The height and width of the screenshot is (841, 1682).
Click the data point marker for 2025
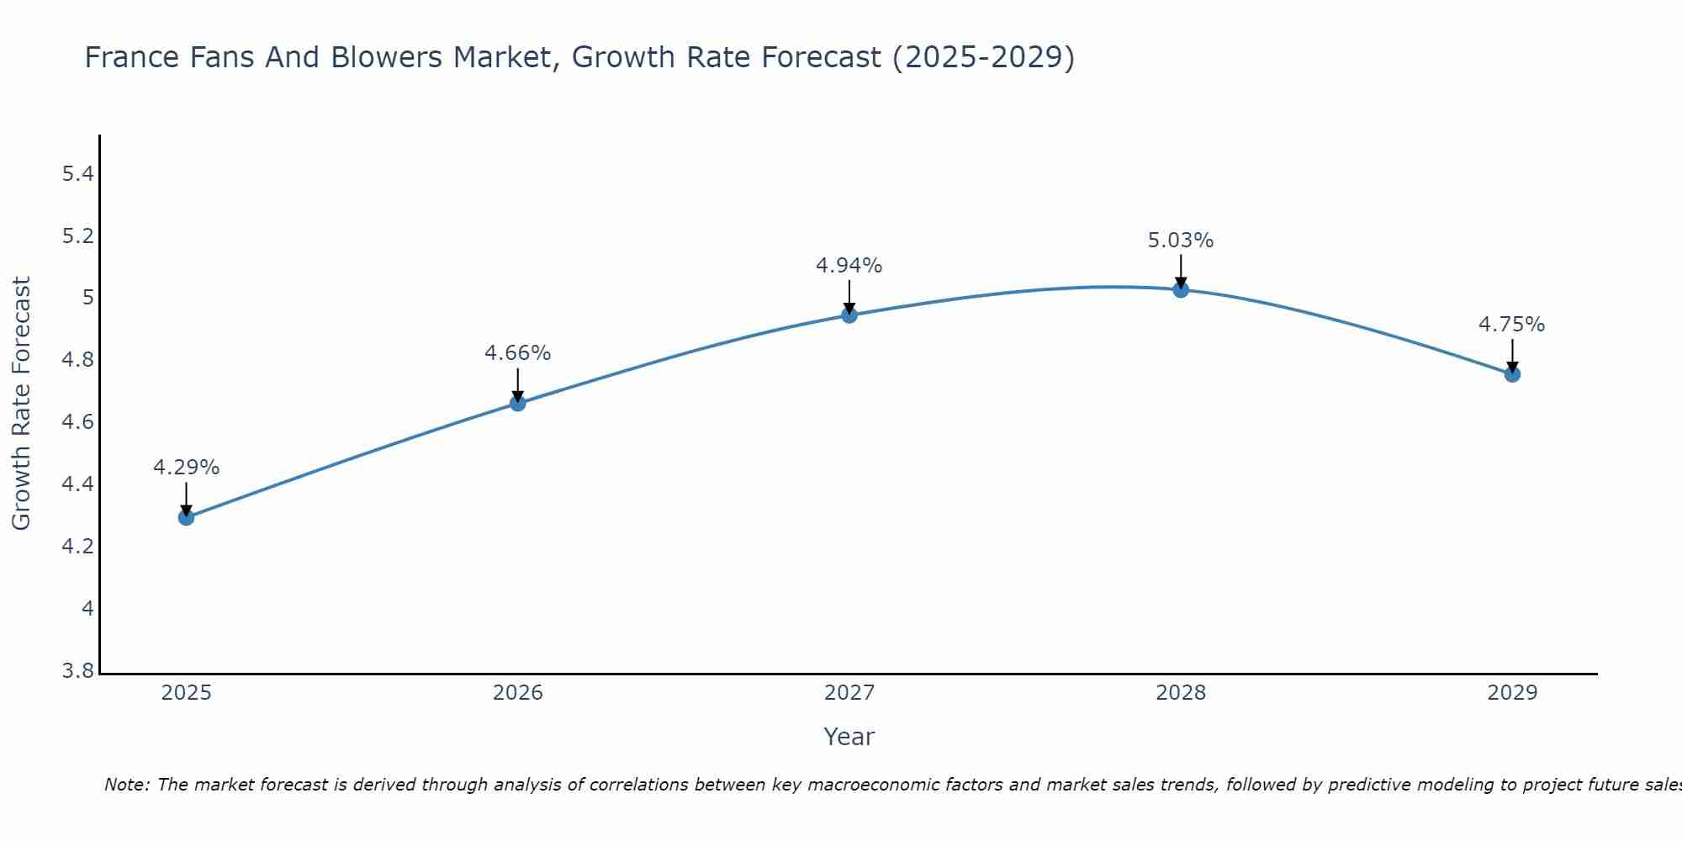187,517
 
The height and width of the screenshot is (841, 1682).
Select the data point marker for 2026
518,404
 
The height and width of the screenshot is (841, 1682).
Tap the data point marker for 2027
849,315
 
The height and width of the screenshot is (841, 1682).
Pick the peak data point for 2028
1181,290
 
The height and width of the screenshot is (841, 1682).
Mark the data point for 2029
1512,374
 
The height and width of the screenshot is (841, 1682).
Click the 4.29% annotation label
187,468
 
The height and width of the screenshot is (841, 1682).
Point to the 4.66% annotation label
518,353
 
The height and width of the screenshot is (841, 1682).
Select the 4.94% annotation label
849,266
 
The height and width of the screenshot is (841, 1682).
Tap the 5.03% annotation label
1181,241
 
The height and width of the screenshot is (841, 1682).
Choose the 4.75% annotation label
1512,325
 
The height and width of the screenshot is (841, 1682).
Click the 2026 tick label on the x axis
518,693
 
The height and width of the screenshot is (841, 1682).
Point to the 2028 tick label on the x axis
1181,693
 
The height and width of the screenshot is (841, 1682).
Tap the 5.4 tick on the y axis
77,174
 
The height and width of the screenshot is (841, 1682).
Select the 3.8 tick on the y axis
77,671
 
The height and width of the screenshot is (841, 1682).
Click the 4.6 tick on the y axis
77,422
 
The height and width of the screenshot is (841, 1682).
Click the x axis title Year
849,737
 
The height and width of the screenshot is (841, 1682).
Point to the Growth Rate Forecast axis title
21,404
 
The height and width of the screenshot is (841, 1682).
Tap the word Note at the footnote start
126,785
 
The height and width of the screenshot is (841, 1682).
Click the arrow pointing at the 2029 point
1512,357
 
